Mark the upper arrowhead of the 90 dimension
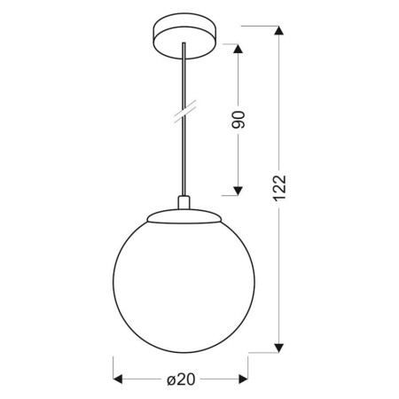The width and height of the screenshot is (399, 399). point(237,49)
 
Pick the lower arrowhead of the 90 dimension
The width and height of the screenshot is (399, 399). point(237,188)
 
